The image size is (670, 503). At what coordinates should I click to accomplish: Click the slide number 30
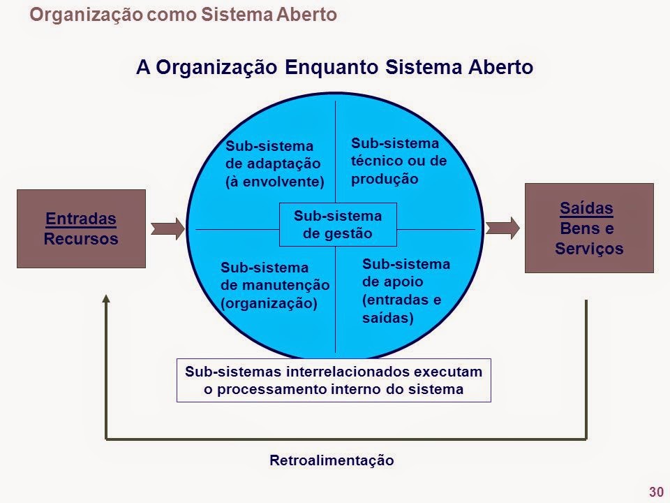coord(655,492)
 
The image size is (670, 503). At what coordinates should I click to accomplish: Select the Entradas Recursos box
coord(81,228)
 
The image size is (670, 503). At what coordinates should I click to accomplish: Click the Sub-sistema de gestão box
coord(338,224)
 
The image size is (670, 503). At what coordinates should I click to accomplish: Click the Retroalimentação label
coord(332,460)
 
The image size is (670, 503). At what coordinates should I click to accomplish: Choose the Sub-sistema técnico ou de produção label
coord(399,161)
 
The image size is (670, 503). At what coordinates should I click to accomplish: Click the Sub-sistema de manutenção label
coord(275,285)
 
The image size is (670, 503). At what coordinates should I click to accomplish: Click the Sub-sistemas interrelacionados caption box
coord(334,380)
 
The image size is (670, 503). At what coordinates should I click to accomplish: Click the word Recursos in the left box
coord(81,238)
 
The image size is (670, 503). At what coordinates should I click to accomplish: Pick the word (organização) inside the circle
coord(269,303)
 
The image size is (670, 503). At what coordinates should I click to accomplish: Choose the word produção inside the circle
coord(385,178)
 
